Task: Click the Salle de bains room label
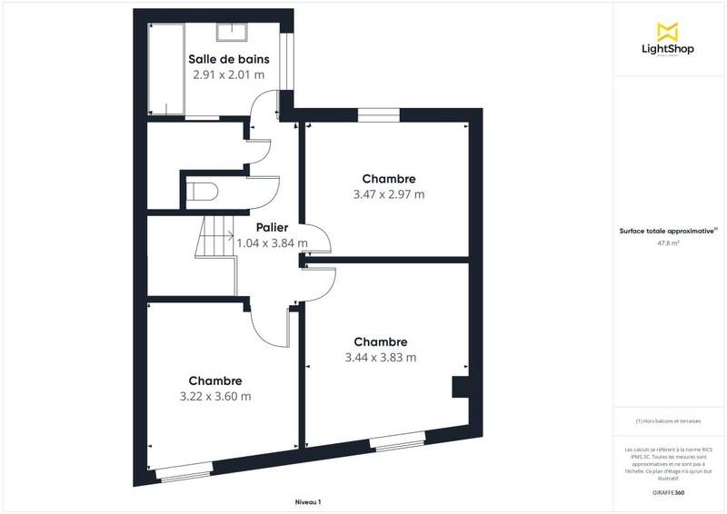pyautogui.click(x=229, y=59)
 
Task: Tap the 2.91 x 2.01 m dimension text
pyautogui.click(x=229, y=75)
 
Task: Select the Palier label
pyautogui.click(x=272, y=227)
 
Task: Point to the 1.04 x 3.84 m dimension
pyautogui.click(x=272, y=243)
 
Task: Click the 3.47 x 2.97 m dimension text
pyautogui.click(x=389, y=194)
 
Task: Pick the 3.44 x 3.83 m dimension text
pyautogui.click(x=381, y=358)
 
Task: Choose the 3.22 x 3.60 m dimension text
pyautogui.click(x=215, y=397)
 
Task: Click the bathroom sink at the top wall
pyautogui.click(x=229, y=34)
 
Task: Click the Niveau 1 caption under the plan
pyautogui.click(x=308, y=502)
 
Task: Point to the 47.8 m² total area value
pyautogui.click(x=668, y=242)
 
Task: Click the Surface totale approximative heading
pyautogui.click(x=668, y=231)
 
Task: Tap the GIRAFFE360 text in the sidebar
pyautogui.click(x=668, y=490)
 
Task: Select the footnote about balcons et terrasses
pyautogui.click(x=668, y=421)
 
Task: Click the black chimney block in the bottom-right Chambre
pyautogui.click(x=460, y=388)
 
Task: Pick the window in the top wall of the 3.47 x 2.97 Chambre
pyautogui.click(x=378, y=114)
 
